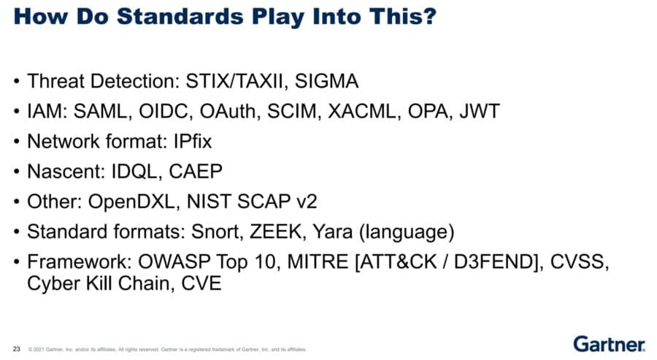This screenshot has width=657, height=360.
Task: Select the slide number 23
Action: pos(17,349)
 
